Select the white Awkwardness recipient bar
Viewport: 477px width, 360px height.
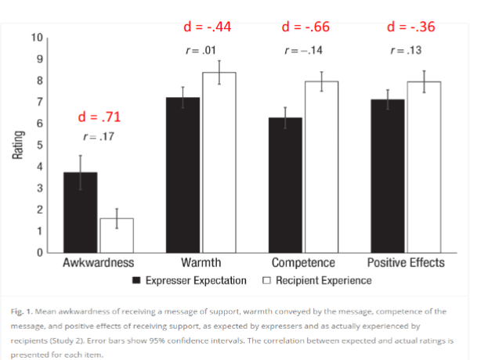pyautogui.click(x=117, y=235)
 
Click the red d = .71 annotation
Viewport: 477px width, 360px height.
pyautogui.click(x=99, y=118)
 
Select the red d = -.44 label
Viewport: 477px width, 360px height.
pyautogui.click(x=206, y=27)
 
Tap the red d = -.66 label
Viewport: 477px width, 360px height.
pyautogui.click(x=305, y=27)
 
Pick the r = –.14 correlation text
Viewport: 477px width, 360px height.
pyautogui.click(x=304, y=51)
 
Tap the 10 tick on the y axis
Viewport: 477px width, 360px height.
pyautogui.click(x=37, y=38)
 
